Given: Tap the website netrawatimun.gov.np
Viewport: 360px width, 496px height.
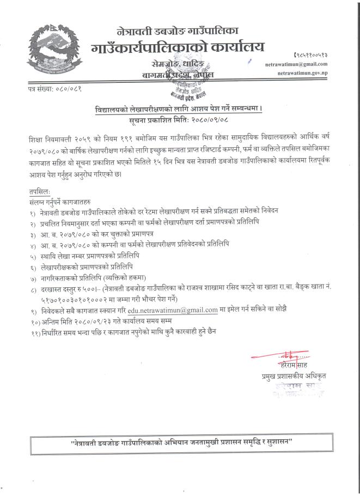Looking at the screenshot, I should (317, 72).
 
